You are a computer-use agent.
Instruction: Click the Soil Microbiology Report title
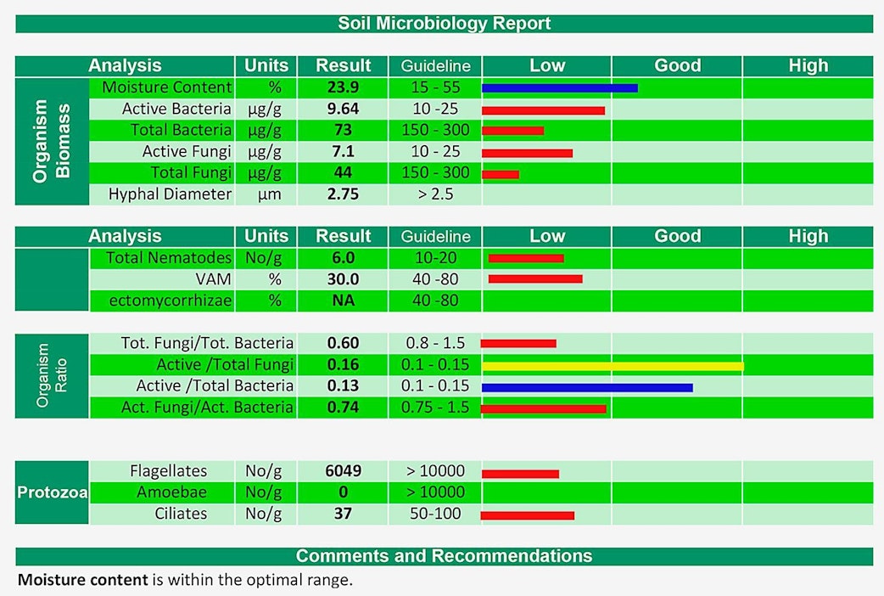pyautogui.click(x=444, y=23)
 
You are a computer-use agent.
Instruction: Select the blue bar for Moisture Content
pyautogui.click(x=559, y=87)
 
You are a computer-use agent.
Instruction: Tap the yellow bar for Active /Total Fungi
pyautogui.click(x=613, y=366)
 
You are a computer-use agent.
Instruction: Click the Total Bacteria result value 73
pyautogui.click(x=343, y=130)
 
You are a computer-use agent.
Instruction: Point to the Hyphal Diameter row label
pyautogui.click(x=170, y=194)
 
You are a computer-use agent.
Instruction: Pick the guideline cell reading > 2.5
pyautogui.click(x=435, y=194)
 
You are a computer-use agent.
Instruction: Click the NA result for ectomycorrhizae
pyautogui.click(x=343, y=301)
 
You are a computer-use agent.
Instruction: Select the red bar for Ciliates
pyautogui.click(x=527, y=514)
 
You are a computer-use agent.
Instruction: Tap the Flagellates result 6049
pyautogui.click(x=343, y=471)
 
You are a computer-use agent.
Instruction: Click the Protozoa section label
pyautogui.click(x=52, y=492)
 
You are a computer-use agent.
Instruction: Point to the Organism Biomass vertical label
pyautogui.click(x=52, y=141)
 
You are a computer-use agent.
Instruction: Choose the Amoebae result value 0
pyautogui.click(x=343, y=492)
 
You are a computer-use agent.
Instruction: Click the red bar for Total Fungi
pyautogui.click(x=500, y=174)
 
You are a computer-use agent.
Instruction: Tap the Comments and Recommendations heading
pyautogui.click(x=444, y=556)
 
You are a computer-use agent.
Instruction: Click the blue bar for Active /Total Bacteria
pyautogui.click(x=587, y=387)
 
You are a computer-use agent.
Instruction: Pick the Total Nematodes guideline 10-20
pyautogui.click(x=435, y=258)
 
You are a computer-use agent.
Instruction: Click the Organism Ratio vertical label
pyautogui.click(x=52, y=375)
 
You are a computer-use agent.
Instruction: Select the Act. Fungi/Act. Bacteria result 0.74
pyautogui.click(x=343, y=408)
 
